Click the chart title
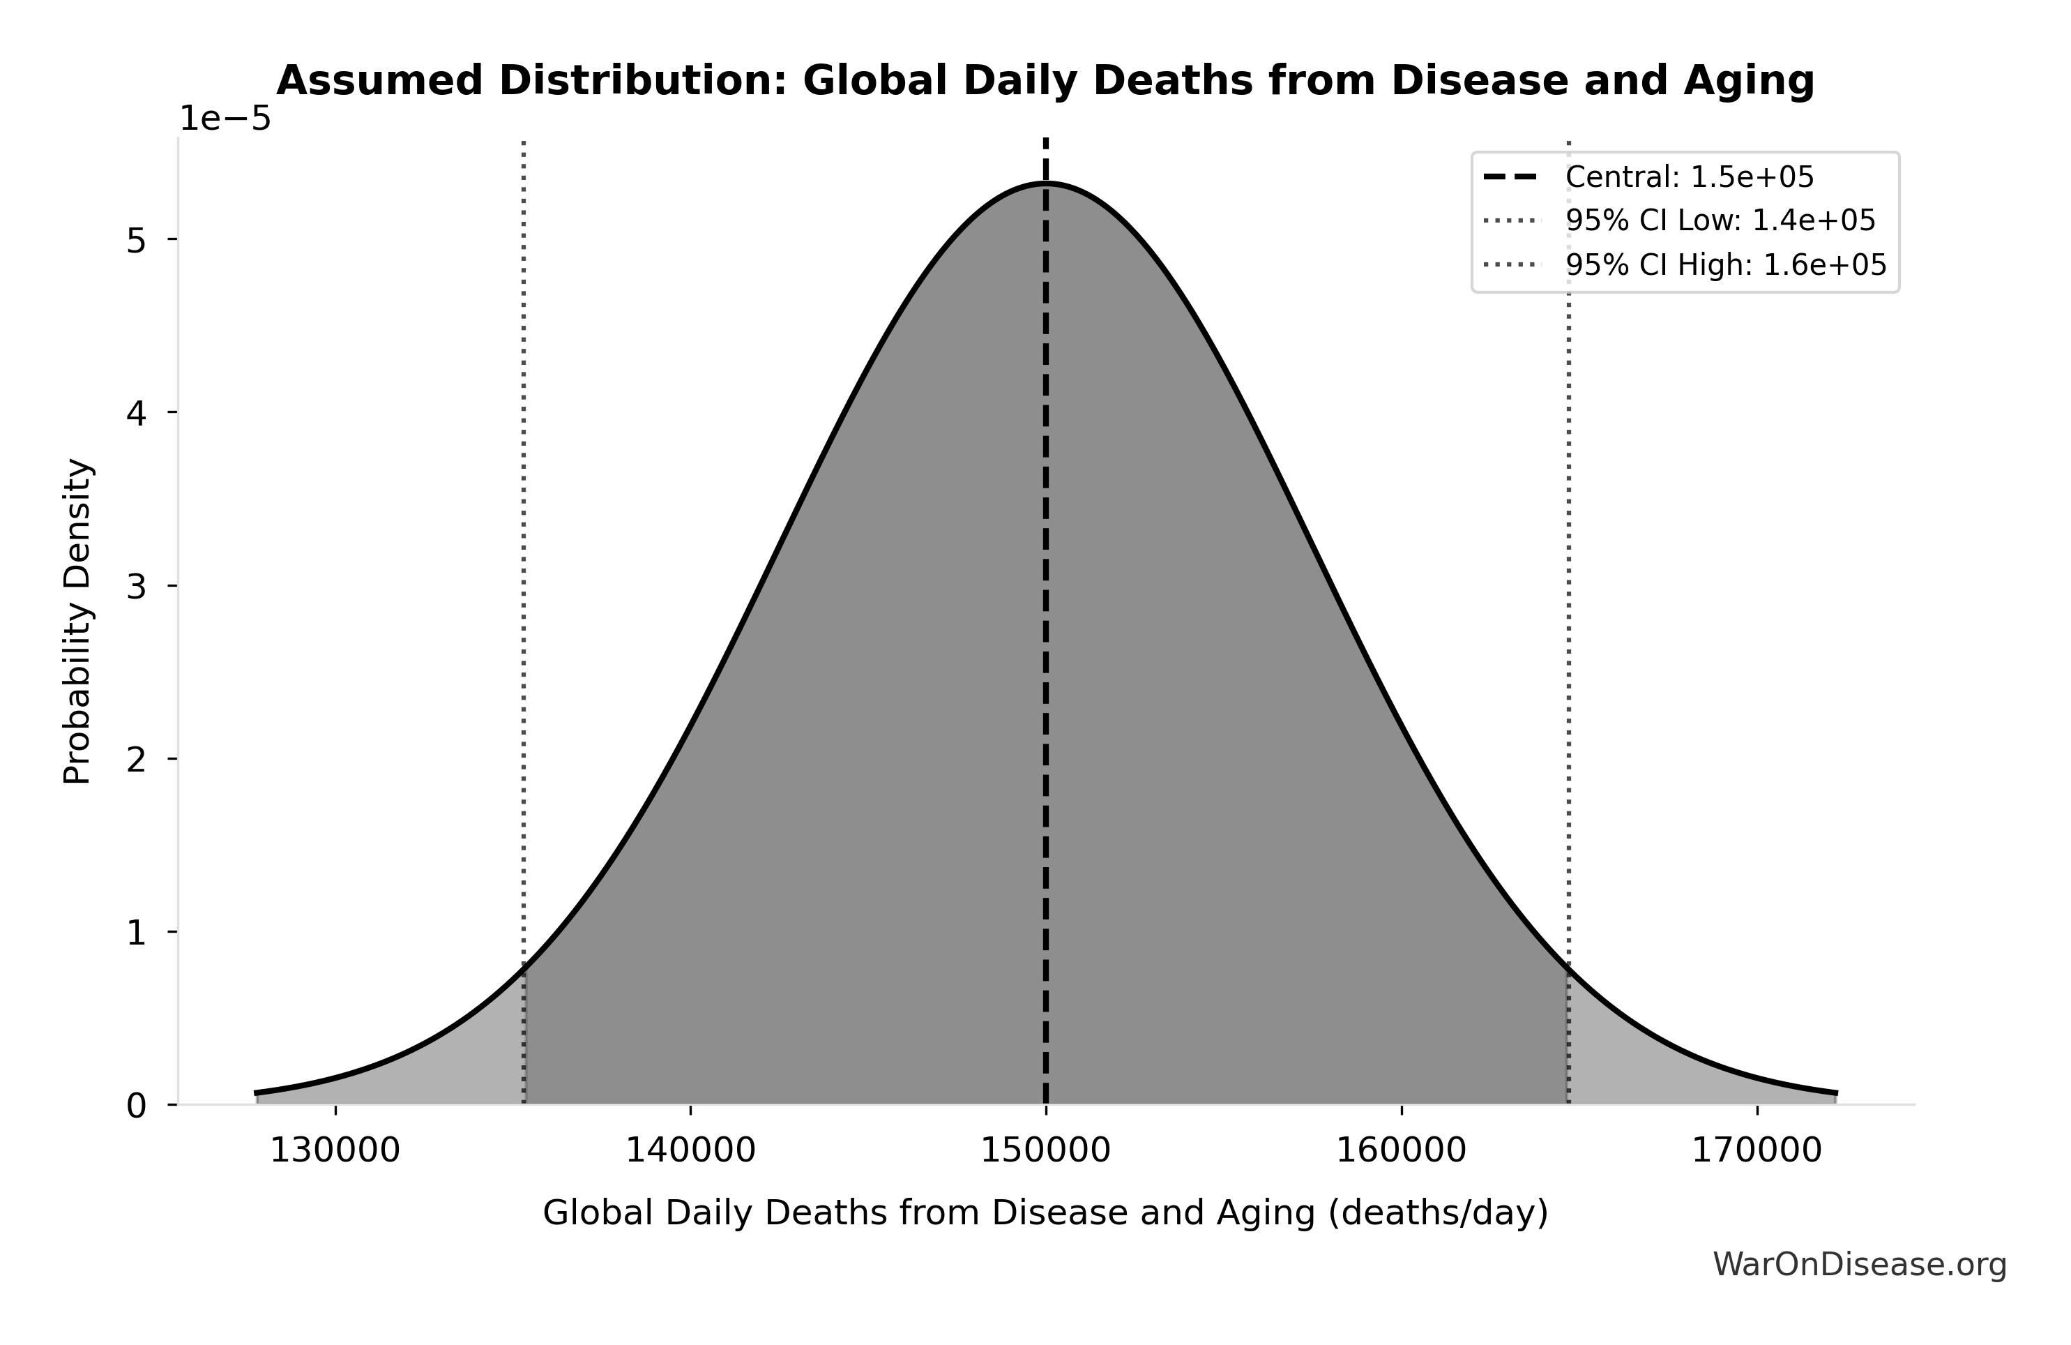[x=1045, y=81]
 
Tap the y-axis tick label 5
[x=136, y=240]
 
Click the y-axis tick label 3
[x=136, y=587]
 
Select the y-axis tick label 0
[x=136, y=1106]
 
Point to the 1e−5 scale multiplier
[x=225, y=119]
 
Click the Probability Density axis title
[x=77, y=621]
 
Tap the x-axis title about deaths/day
[x=1045, y=1212]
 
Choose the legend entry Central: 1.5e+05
[x=1689, y=178]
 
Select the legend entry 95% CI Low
[x=1720, y=221]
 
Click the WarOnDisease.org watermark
[x=1859, y=1265]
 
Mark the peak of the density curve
[x=1045, y=183]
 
